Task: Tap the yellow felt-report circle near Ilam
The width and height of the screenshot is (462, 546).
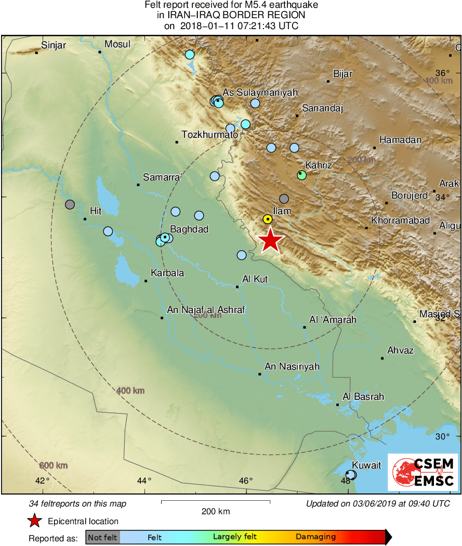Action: point(267,219)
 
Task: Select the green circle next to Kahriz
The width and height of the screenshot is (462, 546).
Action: point(301,175)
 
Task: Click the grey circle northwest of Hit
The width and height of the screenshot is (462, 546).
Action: point(70,204)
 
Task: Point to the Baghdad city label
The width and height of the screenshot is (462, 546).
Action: point(189,229)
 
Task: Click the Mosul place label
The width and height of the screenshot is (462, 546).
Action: point(117,45)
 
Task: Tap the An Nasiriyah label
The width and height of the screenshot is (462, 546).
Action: point(292,367)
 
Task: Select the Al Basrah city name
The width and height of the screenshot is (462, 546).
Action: point(363,397)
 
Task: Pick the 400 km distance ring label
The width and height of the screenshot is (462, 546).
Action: point(130,391)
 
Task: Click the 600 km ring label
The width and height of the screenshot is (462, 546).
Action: point(53,465)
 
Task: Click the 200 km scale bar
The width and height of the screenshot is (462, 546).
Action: point(215,501)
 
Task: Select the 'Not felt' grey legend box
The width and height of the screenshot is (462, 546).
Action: point(102,537)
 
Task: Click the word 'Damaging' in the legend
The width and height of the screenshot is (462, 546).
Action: point(315,537)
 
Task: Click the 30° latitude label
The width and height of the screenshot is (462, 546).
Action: point(442,436)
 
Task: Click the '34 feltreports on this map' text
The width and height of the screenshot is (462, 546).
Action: point(78,503)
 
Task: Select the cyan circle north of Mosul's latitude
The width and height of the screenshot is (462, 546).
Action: point(190,54)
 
